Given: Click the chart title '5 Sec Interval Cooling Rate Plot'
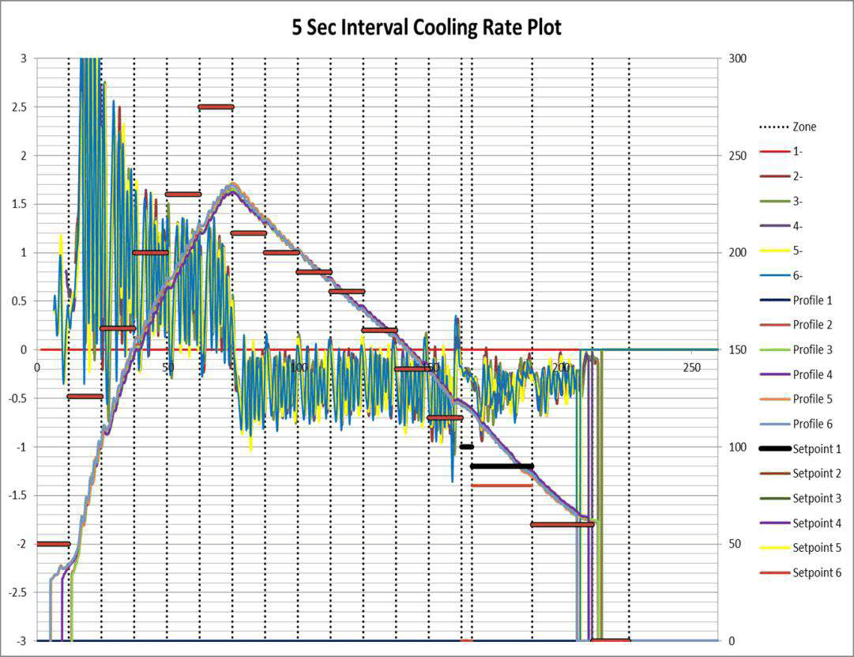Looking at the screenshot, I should coord(427,28).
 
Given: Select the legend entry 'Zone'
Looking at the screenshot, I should coord(804,126).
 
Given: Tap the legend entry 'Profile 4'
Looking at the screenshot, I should coord(812,375).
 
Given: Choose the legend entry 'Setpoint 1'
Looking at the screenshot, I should coord(817,449).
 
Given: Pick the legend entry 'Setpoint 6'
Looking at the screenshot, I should coord(817,572).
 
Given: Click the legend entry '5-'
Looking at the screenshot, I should coord(799,251).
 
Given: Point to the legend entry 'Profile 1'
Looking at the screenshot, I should coord(812,300).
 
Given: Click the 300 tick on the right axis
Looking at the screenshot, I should coord(737,59).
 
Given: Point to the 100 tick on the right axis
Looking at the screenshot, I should coord(737,447).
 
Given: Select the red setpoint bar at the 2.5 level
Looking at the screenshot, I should coord(216,107).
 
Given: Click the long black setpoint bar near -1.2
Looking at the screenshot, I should coord(502,466).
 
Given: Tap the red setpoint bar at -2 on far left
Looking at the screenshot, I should coord(53,544).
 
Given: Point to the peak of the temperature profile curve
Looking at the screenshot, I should coord(232,186).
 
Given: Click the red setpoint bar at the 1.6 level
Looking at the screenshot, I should coord(182,194).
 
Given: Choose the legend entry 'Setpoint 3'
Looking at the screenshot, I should coord(817,498).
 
